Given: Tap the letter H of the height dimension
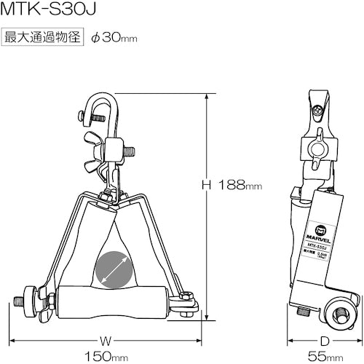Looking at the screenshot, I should coord(206,186).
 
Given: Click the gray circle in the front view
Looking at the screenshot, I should coord(114,269).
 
